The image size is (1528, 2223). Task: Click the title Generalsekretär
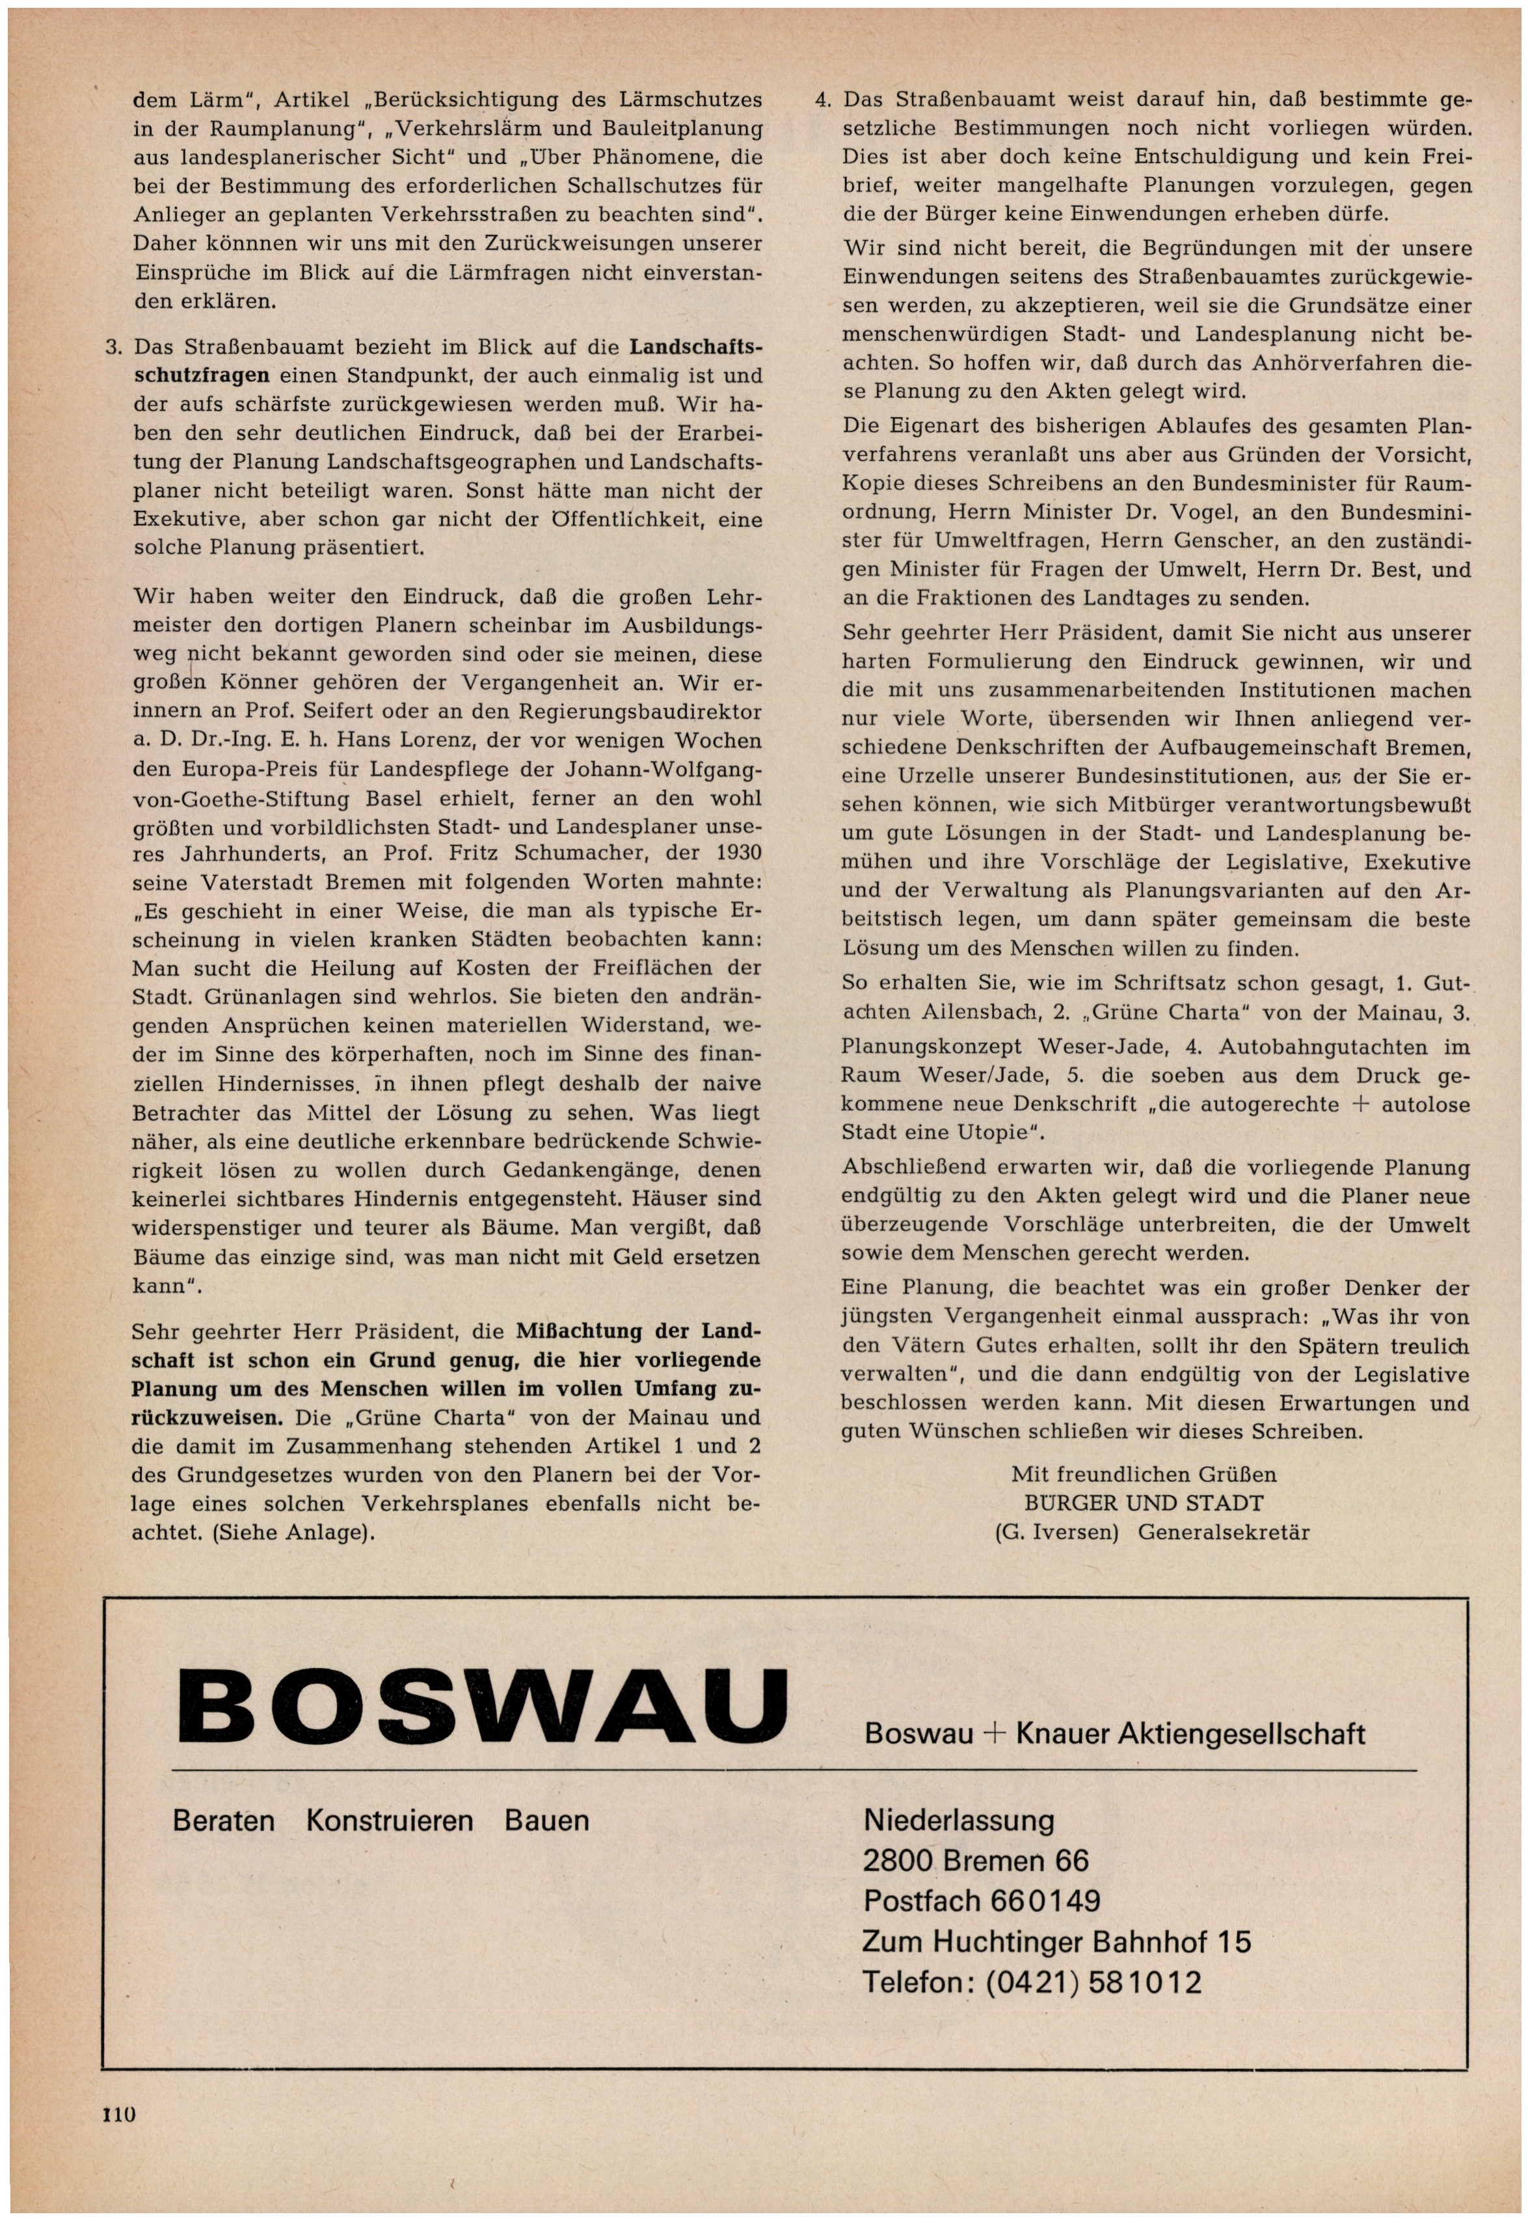coord(1224,1533)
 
